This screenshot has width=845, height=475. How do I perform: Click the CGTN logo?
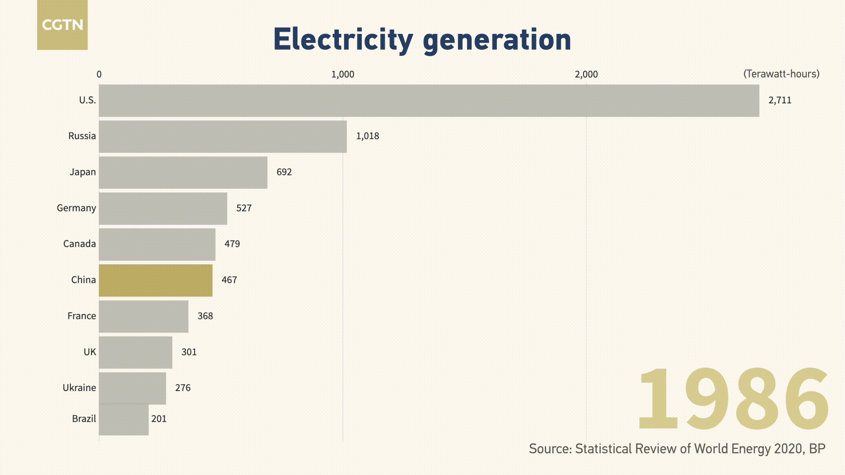pos(62,25)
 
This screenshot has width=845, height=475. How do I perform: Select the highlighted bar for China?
pos(155,280)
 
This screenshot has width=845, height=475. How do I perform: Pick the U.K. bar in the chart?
pos(136,352)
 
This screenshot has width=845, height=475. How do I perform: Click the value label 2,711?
pos(780,100)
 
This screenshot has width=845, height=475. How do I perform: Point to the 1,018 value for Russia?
pos(367,136)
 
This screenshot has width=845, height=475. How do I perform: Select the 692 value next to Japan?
pos(284,172)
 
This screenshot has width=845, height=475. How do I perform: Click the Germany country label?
pos(76,208)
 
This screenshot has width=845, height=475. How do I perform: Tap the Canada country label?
pos(79,244)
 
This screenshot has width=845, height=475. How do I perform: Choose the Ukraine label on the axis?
pos(79,388)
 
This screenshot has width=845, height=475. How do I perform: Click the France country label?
pos(81,316)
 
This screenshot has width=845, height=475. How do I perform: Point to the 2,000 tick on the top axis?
pos(586,74)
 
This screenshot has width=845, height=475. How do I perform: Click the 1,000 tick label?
pos(342,74)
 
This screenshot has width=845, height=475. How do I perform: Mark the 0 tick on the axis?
pos(99,74)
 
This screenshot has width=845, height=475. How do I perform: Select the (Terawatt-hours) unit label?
pos(781,74)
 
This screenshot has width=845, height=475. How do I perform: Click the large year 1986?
pos(733,399)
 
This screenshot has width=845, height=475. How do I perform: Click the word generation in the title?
pos(496,40)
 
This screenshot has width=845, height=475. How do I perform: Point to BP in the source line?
pos(817,449)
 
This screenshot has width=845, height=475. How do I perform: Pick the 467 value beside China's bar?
pos(229,280)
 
